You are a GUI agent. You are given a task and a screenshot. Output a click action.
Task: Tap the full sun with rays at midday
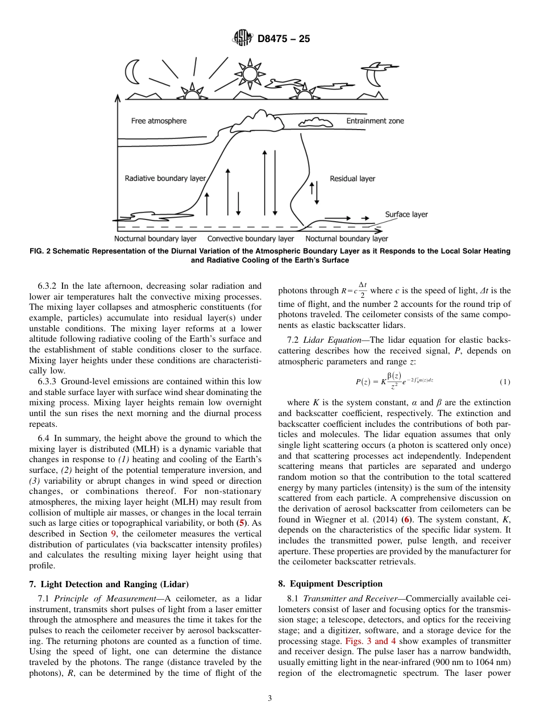(249, 74)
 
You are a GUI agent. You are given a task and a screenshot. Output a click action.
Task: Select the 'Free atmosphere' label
(159, 121)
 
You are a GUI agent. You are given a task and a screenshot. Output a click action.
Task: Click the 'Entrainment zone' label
(375, 121)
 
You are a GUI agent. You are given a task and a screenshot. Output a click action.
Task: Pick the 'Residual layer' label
(352, 178)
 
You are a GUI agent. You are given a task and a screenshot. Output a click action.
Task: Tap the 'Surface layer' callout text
(406, 214)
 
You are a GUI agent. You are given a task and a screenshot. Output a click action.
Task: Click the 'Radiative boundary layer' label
(165, 178)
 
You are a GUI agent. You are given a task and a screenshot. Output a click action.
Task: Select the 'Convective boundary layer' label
(251, 239)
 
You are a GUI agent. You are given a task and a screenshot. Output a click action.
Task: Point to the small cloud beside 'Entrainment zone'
(315, 122)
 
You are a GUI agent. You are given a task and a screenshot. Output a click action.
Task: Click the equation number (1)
(505, 381)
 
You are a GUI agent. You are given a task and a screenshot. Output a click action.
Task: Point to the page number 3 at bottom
(270, 699)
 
